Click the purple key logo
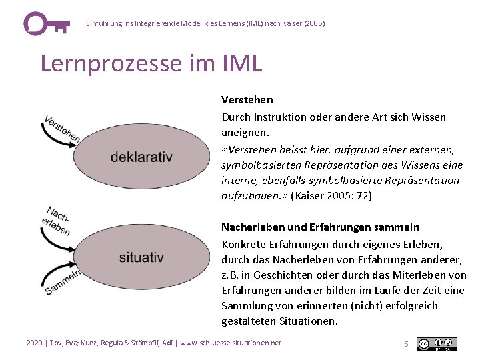tap(45, 23)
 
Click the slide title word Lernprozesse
tap(107, 63)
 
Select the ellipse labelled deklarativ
tap(141, 157)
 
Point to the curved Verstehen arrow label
tap(62, 129)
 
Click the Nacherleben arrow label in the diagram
tap(57, 221)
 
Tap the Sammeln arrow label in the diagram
tap(63, 281)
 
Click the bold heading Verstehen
tap(247, 100)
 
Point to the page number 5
tap(406, 344)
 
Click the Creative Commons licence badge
tap(437, 344)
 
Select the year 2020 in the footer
tap(34, 343)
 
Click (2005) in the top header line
tap(314, 23)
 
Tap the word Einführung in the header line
tap(102, 23)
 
